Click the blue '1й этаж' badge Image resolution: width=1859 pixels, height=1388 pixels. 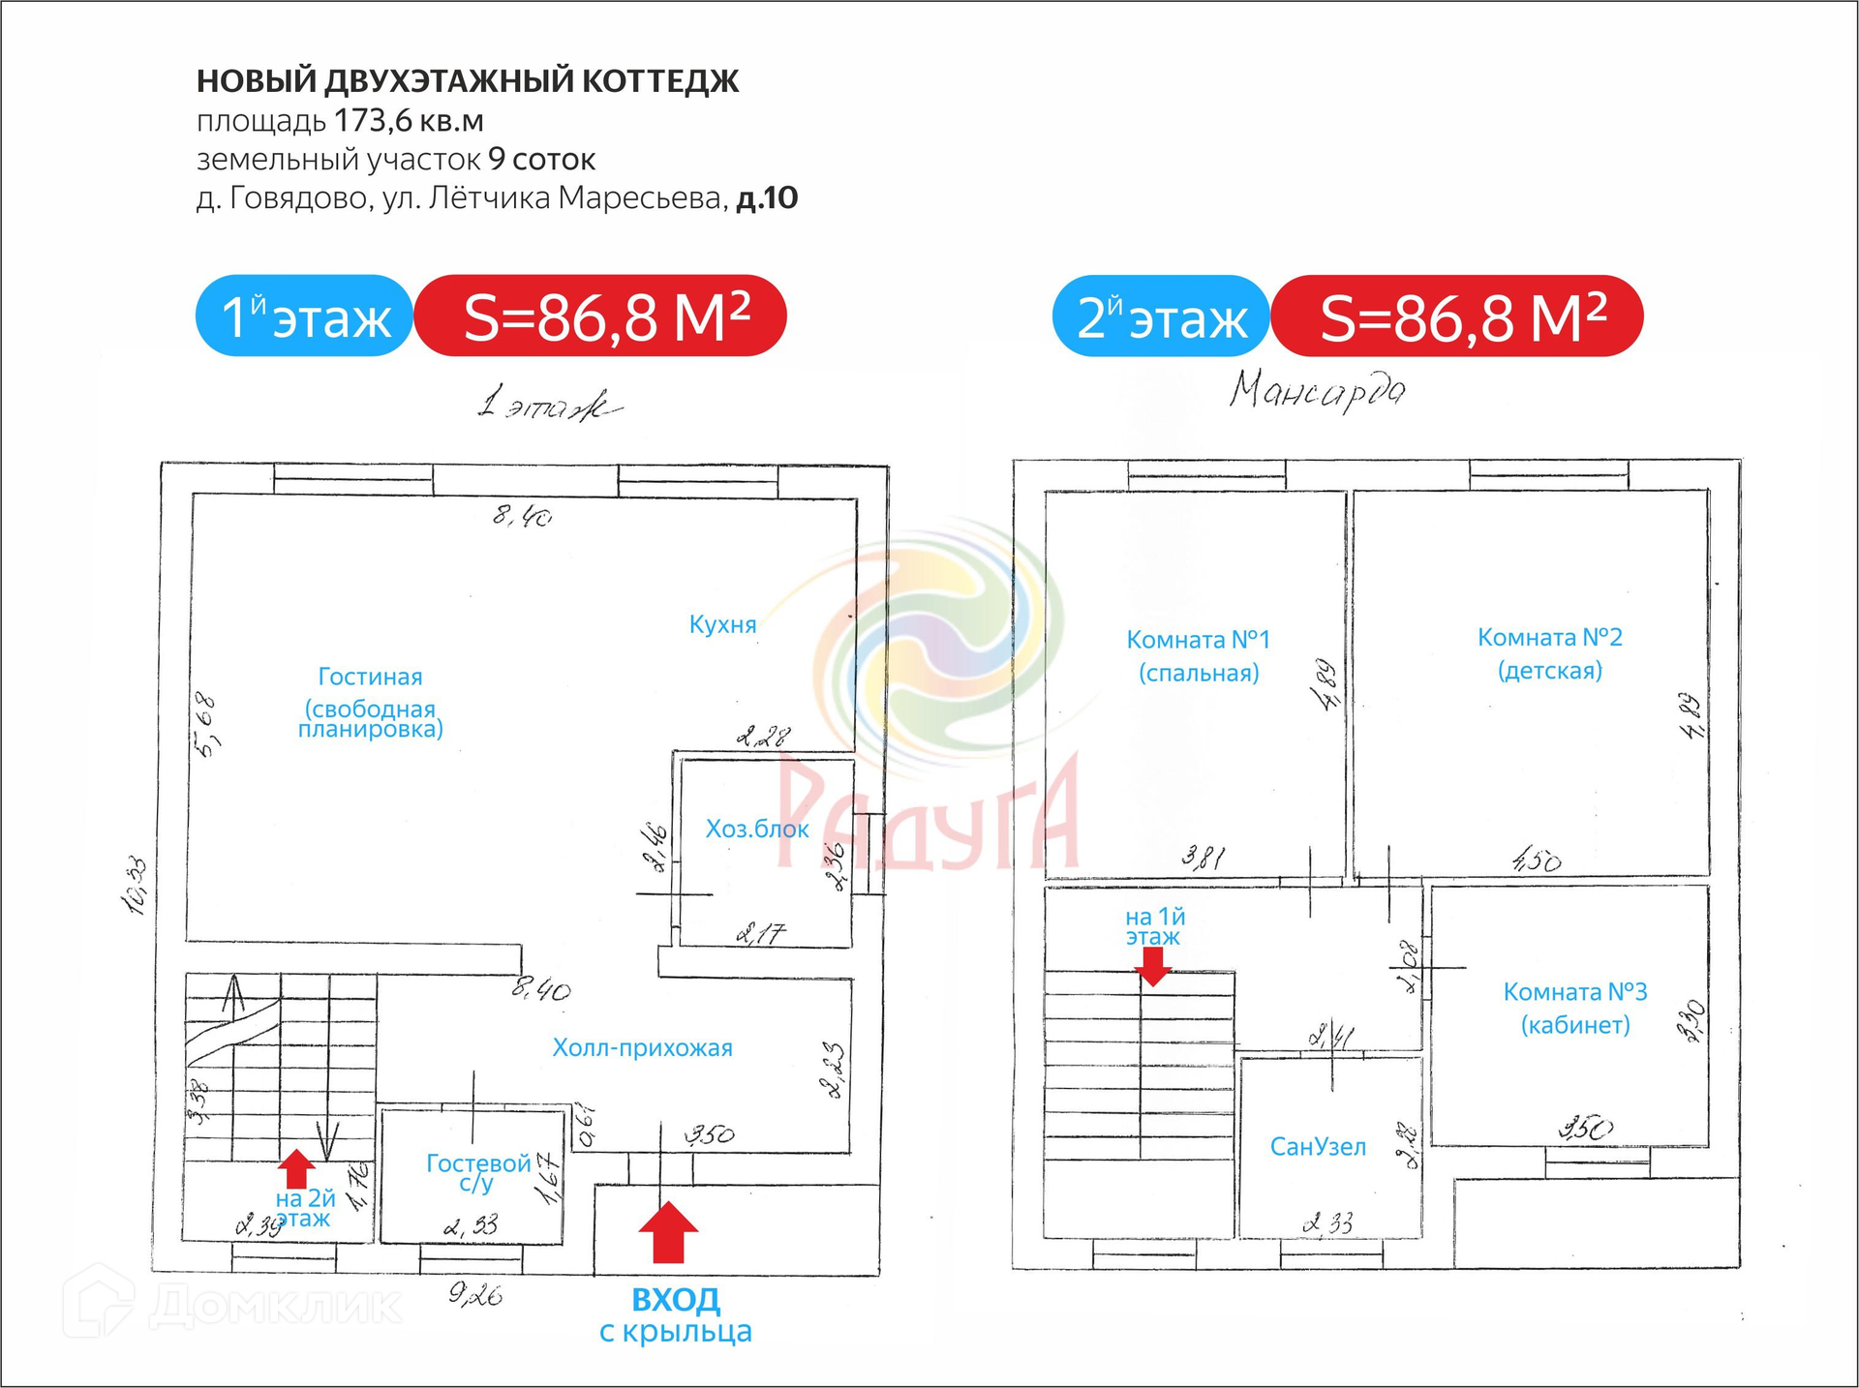(305, 317)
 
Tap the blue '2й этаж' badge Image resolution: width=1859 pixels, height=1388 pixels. (1161, 317)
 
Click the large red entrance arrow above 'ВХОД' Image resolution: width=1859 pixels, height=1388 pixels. (668, 1232)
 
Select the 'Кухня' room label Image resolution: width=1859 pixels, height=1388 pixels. (722, 624)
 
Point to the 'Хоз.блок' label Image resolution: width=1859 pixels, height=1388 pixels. (756, 829)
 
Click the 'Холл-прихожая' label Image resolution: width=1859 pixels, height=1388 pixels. (642, 1047)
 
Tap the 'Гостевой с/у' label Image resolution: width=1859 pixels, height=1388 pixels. (477, 1172)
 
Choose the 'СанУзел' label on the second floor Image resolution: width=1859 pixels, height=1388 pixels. (1318, 1147)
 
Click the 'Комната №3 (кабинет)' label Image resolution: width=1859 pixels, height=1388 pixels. (1574, 1008)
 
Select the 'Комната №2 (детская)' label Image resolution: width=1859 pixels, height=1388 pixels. (1549, 653)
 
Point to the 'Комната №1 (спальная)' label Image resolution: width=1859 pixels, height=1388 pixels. (1198, 655)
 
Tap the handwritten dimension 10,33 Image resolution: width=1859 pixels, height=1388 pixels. (136, 886)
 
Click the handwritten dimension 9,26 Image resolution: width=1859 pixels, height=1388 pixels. (475, 1294)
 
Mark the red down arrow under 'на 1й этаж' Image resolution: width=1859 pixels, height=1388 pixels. (1152, 965)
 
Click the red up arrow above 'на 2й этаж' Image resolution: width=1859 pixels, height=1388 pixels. (296, 1168)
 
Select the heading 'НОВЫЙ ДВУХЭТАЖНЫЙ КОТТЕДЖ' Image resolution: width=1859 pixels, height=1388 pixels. (468, 81)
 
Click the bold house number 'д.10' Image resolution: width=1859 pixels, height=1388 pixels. (767, 197)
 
